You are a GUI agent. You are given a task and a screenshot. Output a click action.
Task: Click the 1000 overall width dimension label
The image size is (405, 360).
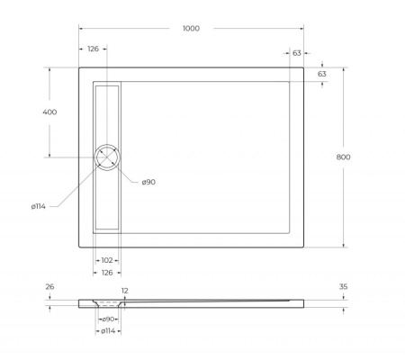coord(191,28)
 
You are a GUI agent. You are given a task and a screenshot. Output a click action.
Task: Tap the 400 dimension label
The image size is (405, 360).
coord(49,112)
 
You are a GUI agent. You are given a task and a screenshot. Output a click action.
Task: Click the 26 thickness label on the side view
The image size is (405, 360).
coord(49,288)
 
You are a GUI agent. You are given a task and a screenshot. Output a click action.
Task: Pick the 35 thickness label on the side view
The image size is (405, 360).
coord(344,288)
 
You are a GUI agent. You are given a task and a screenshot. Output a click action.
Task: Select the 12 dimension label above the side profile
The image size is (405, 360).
coord(125,291)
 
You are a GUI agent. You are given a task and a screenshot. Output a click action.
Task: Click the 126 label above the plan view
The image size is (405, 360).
coord(93,50)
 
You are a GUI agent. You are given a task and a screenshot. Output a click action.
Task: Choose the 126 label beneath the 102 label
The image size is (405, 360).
coord(107,273)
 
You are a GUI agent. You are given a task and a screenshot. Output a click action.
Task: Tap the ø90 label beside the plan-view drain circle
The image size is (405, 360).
coord(148,183)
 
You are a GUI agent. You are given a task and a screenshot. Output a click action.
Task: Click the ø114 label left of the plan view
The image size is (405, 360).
coord(39,206)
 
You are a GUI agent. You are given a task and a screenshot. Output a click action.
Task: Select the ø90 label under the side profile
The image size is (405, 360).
coord(107,319)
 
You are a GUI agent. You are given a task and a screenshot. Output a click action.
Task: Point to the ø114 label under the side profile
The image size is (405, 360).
coord(107,333)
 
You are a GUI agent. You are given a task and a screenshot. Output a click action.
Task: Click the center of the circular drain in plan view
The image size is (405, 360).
coord(107,157)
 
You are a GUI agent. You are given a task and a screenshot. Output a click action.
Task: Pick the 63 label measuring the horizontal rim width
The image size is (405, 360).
coord(297,53)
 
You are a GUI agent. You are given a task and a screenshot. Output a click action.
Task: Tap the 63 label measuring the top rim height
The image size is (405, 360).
coord(322,73)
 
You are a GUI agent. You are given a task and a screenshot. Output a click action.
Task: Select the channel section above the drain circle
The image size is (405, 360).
coord(107,112)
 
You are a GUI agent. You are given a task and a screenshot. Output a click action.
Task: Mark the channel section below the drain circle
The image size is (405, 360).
coord(107,200)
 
